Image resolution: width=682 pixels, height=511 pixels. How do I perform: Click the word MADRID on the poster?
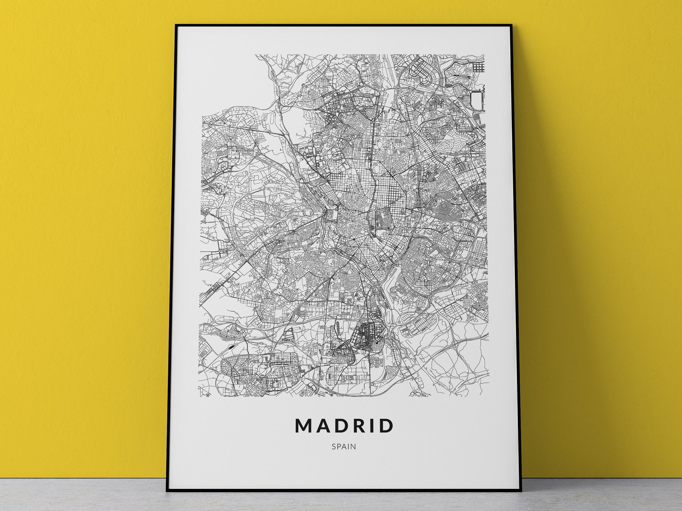(344, 426)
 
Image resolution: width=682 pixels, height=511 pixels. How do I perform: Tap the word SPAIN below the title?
(344, 447)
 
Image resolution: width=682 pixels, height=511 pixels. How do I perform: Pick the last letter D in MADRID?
(386, 426)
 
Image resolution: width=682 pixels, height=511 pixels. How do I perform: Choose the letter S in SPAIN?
(333, 447)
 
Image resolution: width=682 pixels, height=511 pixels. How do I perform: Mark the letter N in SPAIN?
(353, 447)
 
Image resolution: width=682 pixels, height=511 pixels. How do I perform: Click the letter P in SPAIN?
(338, 447)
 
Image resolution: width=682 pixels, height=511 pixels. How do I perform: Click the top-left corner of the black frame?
(176, 25)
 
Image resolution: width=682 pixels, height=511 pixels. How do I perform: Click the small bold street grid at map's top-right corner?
(478, 68)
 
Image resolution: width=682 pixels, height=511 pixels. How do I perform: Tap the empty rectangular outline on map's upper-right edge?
(478, 100)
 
